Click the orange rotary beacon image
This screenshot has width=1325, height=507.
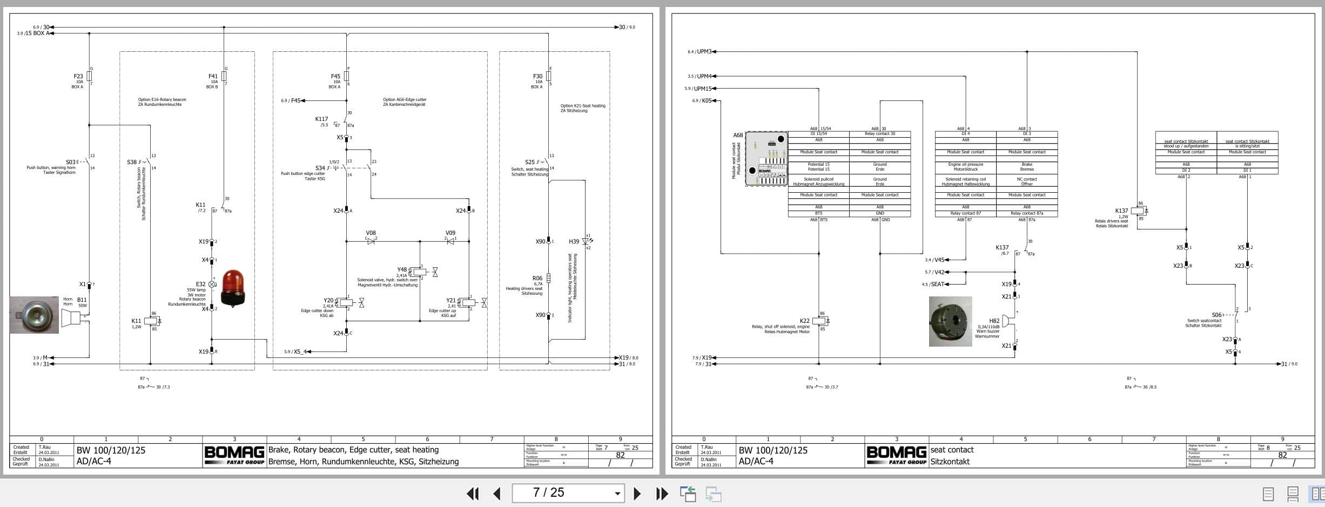pos(233,288)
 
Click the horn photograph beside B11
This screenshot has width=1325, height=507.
pos(34,315)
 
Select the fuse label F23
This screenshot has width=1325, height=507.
pos(78,76)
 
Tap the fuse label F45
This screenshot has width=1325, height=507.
pos(335,76)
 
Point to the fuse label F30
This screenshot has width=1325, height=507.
pos(537,76)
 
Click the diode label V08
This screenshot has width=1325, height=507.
pos(371,233)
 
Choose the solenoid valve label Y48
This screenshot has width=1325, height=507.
pos(402,269)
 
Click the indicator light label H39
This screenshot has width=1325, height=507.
pos(574,242)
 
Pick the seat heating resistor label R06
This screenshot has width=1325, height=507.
pos(537,279)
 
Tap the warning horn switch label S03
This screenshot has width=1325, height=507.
pos(71,162)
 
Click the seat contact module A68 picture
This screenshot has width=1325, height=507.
pos(766,159)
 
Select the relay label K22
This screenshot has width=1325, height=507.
pos(804,321)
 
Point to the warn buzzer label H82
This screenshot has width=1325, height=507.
pos(994,321)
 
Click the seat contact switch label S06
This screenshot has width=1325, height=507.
pos(1216,315)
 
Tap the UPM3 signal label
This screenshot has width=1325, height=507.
pos(704,52)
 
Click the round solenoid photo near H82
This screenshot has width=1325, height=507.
pos(950,321)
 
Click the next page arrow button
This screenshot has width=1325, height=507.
pos(637,494)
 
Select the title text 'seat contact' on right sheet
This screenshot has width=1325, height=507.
pos(952,450)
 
